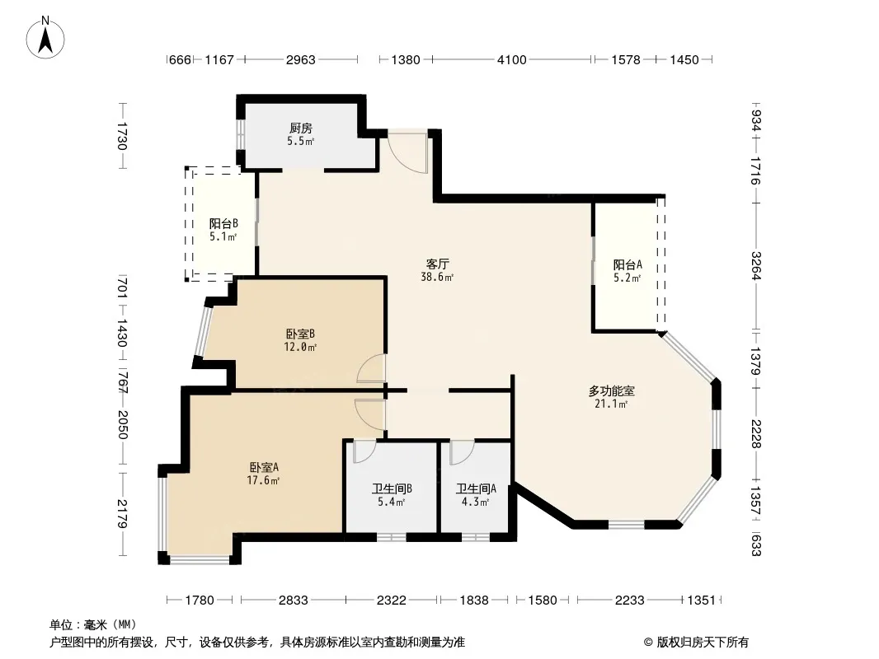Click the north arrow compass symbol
[x=45, y=38]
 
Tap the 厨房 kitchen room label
[x=301, y=129]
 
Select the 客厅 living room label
[x=437, y=264]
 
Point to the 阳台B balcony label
[x=223, y=223]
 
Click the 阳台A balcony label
[x=628, y=264]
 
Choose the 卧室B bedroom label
[x=300, y=334]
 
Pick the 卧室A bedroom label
[x=264, y=467]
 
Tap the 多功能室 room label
[x=611, y=390]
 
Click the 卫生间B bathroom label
[x=392, y=488]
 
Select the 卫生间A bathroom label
[x=476, y=488]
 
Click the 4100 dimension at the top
[x=511, y=59]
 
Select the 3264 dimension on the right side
[x=755, y=266]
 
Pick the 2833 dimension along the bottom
[x=294, y=601]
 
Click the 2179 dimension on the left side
[x=122, y=513]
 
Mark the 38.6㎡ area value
[x=437, y=277]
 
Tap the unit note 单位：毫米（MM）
[x=93, y=625]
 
